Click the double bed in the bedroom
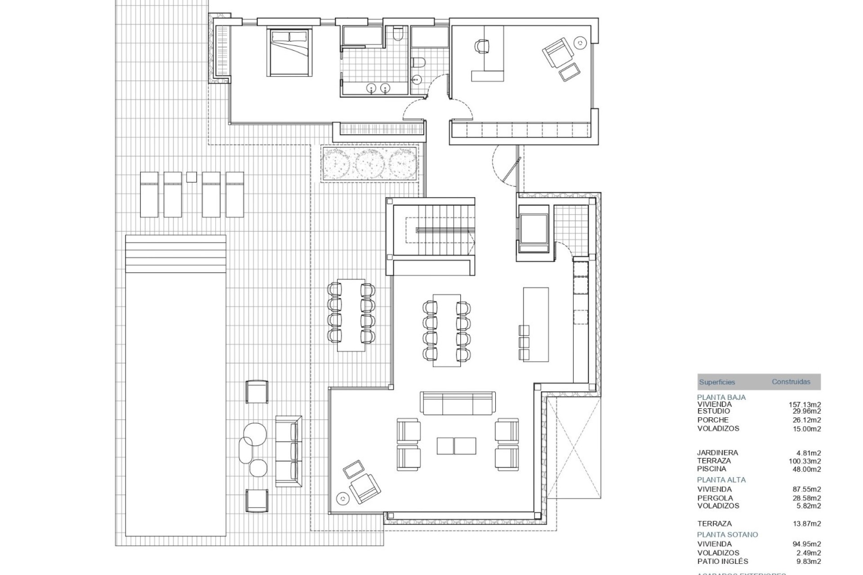289,52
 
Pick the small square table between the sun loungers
191,177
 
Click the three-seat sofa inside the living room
458,403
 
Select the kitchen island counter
536,324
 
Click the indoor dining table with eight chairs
447,330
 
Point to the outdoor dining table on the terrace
351,315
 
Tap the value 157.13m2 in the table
805,405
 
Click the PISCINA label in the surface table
712,469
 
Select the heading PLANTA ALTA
721,480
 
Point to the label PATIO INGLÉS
723,561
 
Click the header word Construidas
791,382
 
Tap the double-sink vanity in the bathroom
378,88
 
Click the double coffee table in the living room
456,446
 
